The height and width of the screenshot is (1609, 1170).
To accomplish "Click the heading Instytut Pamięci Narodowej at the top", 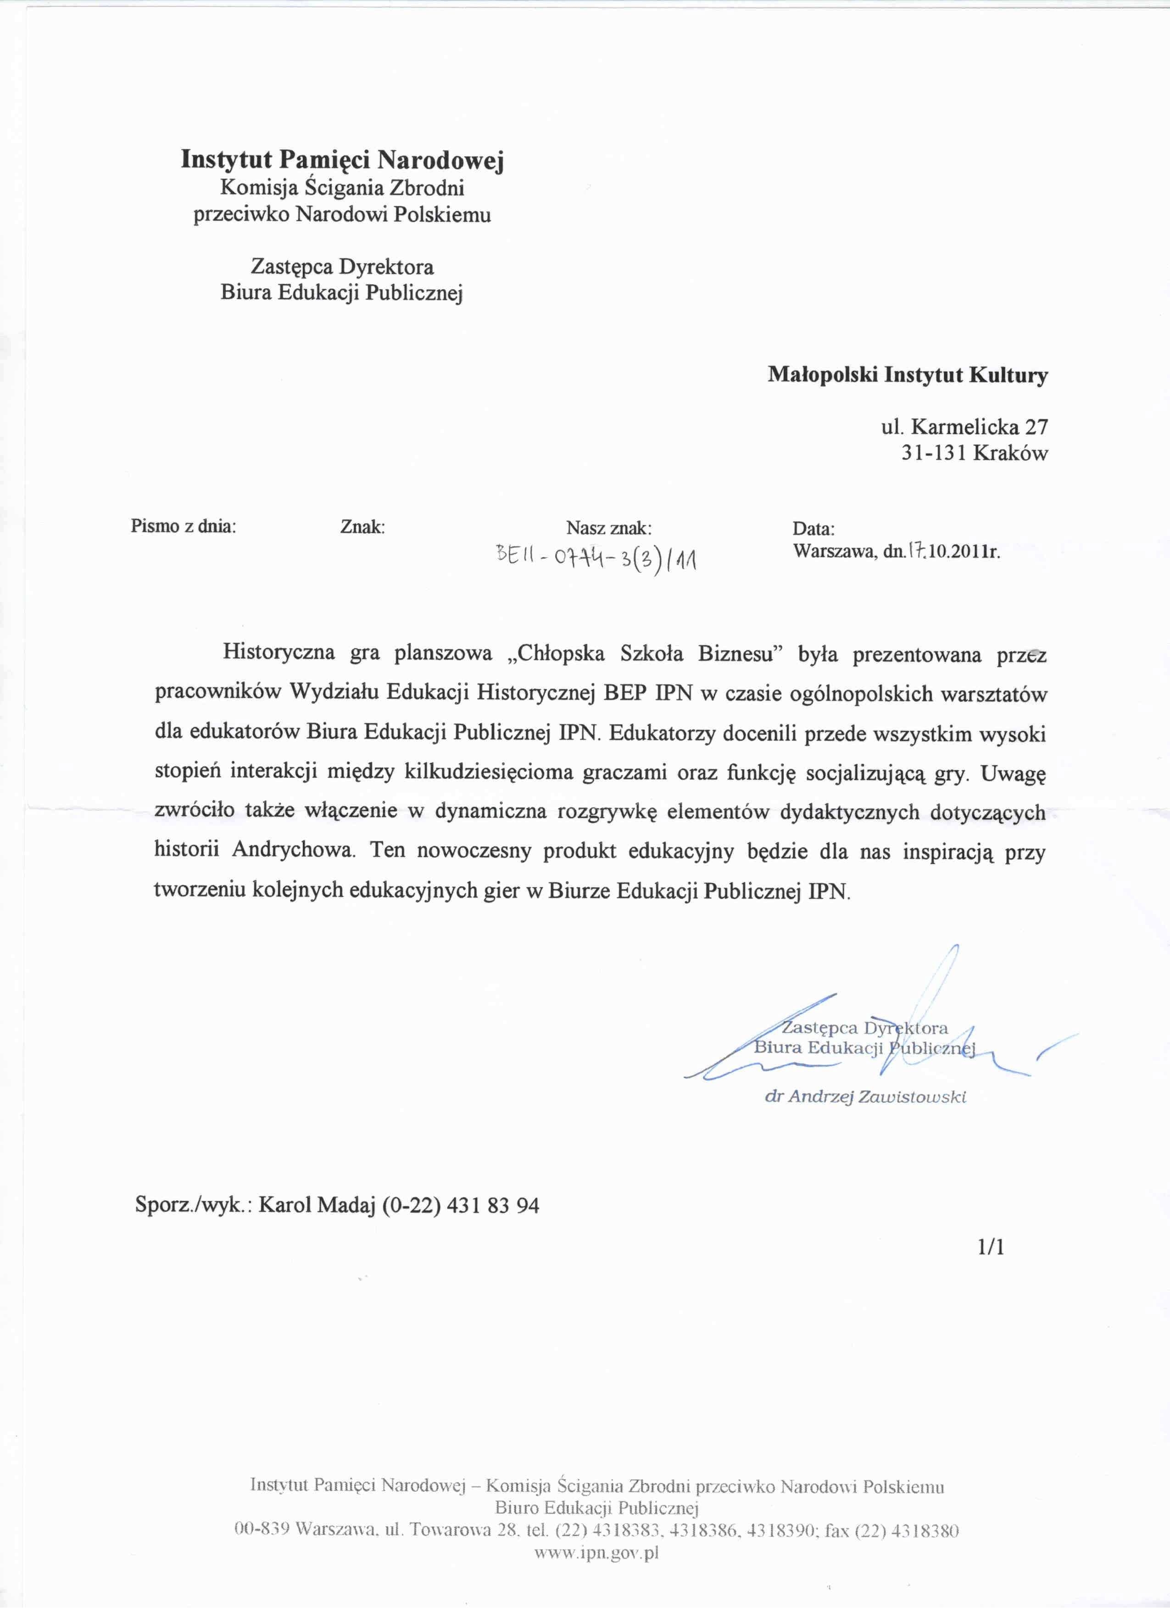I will (342, 160).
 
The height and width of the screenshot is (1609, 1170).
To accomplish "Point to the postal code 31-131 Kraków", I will (974, 453).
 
